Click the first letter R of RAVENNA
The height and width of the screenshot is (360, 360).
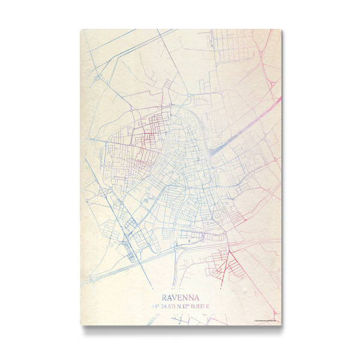pyautogui.click(x=164, y=297)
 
